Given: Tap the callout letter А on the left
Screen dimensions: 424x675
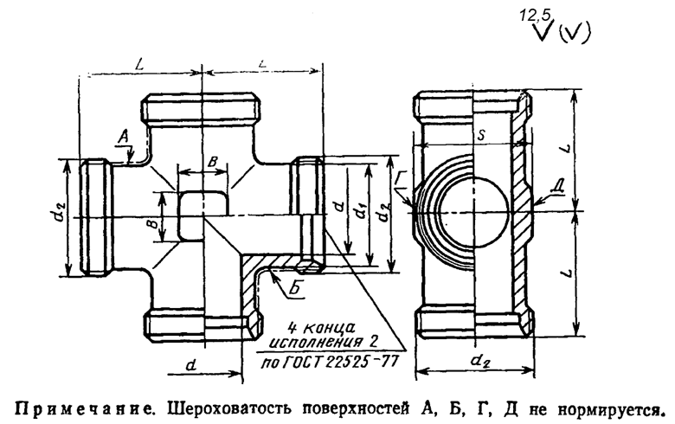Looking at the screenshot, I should tap(122, 136).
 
